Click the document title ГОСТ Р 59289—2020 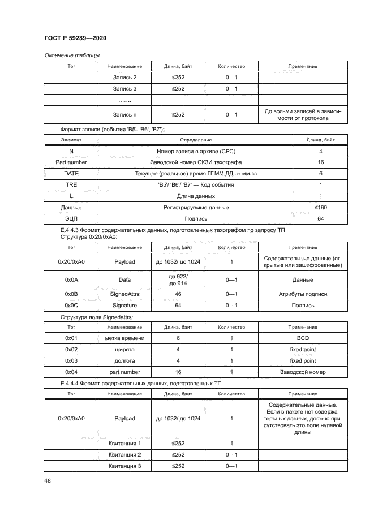click(x=75, y=37)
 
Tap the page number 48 click(x=48, y=481)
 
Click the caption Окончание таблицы click(x=72, y=55)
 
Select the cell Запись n click(x=124, y=115)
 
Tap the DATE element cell click(x=71, y=174)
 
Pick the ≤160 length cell click(x=321, y=208)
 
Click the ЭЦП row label click(x=71, y=218)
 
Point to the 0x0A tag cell click(x=71, y=279)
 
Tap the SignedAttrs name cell click(x=124, y=294)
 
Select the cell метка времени click(x=124, y=338)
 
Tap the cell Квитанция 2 click(x=124, y=454)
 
